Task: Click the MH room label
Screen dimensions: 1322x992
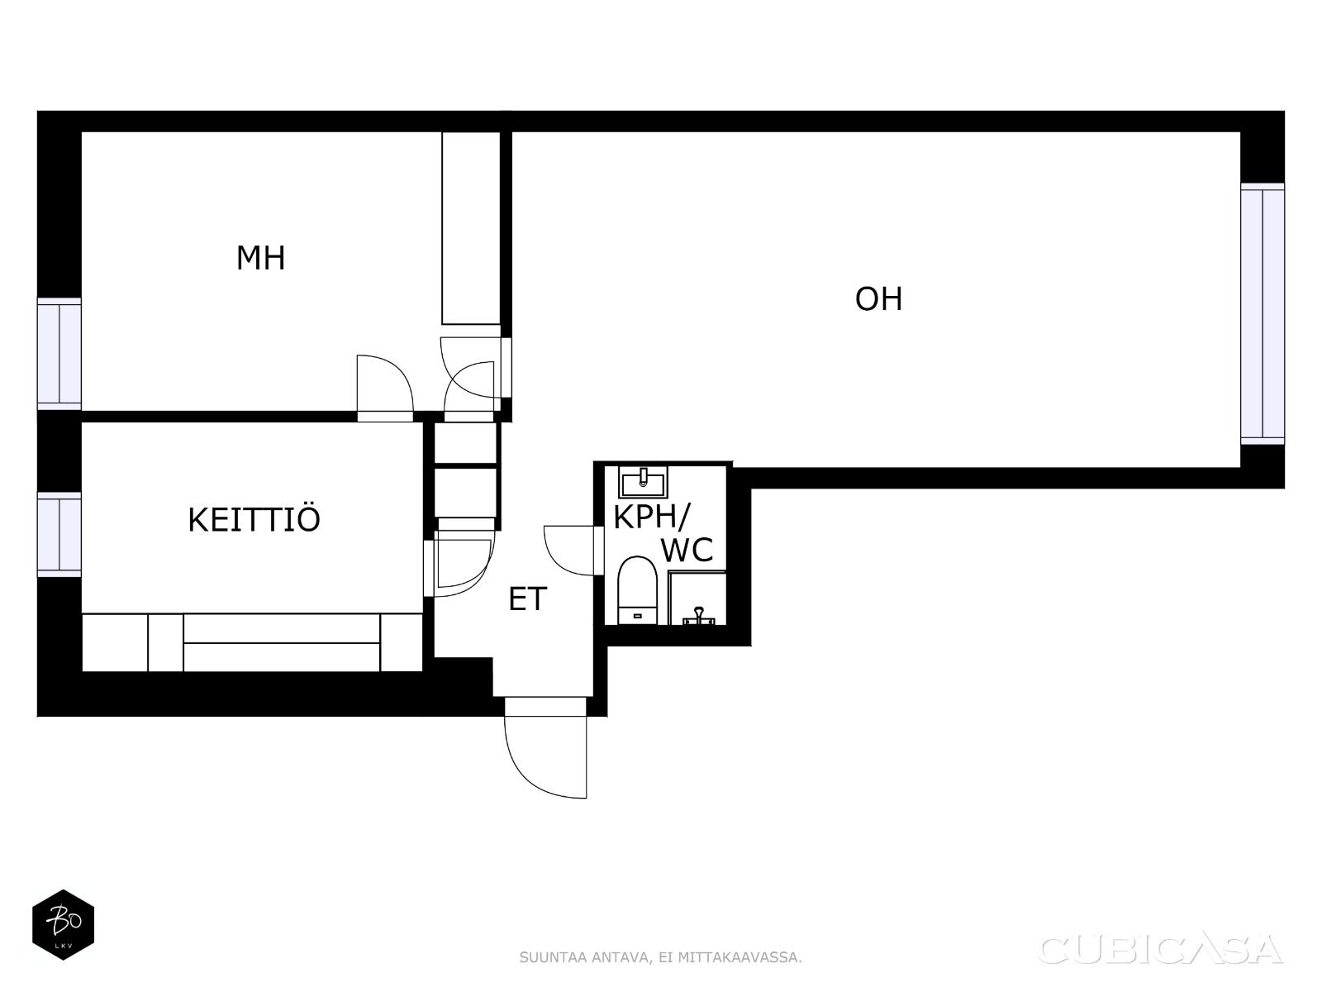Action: (x=260, y=258)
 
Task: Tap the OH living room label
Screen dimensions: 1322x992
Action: (x=879, y=298)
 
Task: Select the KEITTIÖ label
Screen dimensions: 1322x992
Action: (x=254, y=521)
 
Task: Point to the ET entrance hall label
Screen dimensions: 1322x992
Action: (x=528, y=599)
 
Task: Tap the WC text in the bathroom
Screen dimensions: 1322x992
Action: (x=687, y=549)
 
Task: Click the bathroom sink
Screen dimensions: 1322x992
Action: (x=643, y=482)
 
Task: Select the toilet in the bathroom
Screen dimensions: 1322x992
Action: (x=638, y=590)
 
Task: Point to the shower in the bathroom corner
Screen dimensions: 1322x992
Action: (x=697, y=598)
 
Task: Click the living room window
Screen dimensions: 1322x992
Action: (x=1263, y=314)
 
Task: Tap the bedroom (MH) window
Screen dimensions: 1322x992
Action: (x=59, y=354)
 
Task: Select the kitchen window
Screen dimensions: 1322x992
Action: (x=59, y=534)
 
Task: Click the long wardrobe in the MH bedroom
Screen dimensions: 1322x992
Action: (x=471, y=228)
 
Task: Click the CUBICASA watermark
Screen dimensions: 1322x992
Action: (x=1161, y=950)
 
